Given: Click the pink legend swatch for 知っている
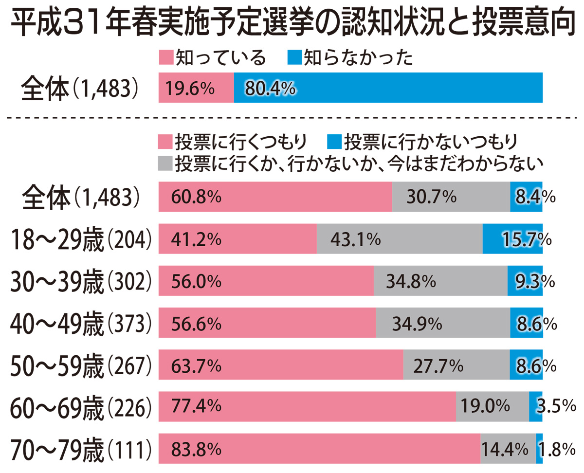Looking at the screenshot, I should [165, 58].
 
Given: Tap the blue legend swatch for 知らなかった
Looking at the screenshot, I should [293, 58].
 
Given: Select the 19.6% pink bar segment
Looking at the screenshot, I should [196, 88].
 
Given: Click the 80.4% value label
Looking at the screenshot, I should [270, 88].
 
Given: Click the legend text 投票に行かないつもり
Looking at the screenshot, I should [430, 142].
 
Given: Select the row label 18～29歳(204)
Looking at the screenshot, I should [81, 239].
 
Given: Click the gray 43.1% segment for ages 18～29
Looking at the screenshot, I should [399, 239].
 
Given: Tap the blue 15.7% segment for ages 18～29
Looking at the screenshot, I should [512, 239].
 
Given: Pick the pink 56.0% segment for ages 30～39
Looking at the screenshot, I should [266, 281].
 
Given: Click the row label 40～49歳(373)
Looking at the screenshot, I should [81, 323].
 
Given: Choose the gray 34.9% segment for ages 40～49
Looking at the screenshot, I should [442, 323].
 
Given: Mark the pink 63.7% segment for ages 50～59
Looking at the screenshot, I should [281, 364].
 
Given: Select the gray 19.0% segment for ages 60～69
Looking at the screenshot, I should [492, 406].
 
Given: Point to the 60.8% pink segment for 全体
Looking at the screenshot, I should [275, 197].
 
